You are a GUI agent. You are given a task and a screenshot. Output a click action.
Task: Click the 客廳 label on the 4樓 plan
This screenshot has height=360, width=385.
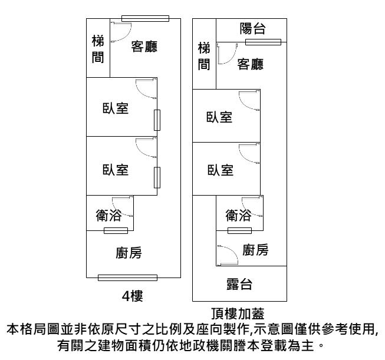pyautogui.click(x=144, y=47)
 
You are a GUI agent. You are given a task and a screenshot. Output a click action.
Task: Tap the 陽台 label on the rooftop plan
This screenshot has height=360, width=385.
pyautogui.click(x=252, y=29)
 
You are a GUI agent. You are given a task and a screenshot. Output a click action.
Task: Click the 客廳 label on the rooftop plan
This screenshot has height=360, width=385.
pyautogui.click(x=250, y=63)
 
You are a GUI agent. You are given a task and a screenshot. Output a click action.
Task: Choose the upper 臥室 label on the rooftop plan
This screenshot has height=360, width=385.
pyautogui.click(x=219, y=117)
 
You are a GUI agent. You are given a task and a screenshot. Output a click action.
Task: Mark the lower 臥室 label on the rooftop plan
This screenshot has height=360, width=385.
pyautogui.click(x=219, y=170)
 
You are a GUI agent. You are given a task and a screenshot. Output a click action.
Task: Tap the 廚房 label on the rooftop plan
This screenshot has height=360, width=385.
pyautogui.click(x=255, y=250)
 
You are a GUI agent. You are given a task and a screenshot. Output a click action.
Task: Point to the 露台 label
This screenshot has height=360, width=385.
pyautogui.click(x=239, y=285)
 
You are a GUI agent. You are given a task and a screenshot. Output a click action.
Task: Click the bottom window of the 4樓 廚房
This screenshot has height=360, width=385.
pyautogui.click(x=127, y=278)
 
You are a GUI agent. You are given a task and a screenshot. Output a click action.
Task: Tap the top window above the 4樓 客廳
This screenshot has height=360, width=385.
pyautogui.click(x=144, y=18)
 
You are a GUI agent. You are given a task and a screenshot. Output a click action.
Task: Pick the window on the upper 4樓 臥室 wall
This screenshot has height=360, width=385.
pyautogui.click(x=156, y=120)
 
